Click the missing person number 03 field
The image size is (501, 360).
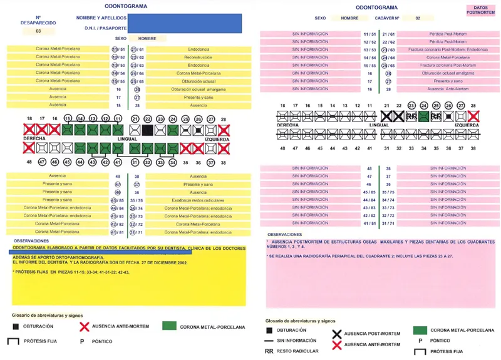tap(38, 31)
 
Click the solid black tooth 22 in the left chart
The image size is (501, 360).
tap(147, 130)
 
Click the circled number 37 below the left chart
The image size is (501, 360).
tap(210, 162)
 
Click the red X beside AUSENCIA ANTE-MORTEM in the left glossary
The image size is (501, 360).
tap(84, 326)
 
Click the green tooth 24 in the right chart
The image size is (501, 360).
tap(424, 116)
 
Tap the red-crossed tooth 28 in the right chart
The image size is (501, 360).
tap(473, 116)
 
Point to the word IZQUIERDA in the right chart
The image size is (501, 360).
tap(467, 125)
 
